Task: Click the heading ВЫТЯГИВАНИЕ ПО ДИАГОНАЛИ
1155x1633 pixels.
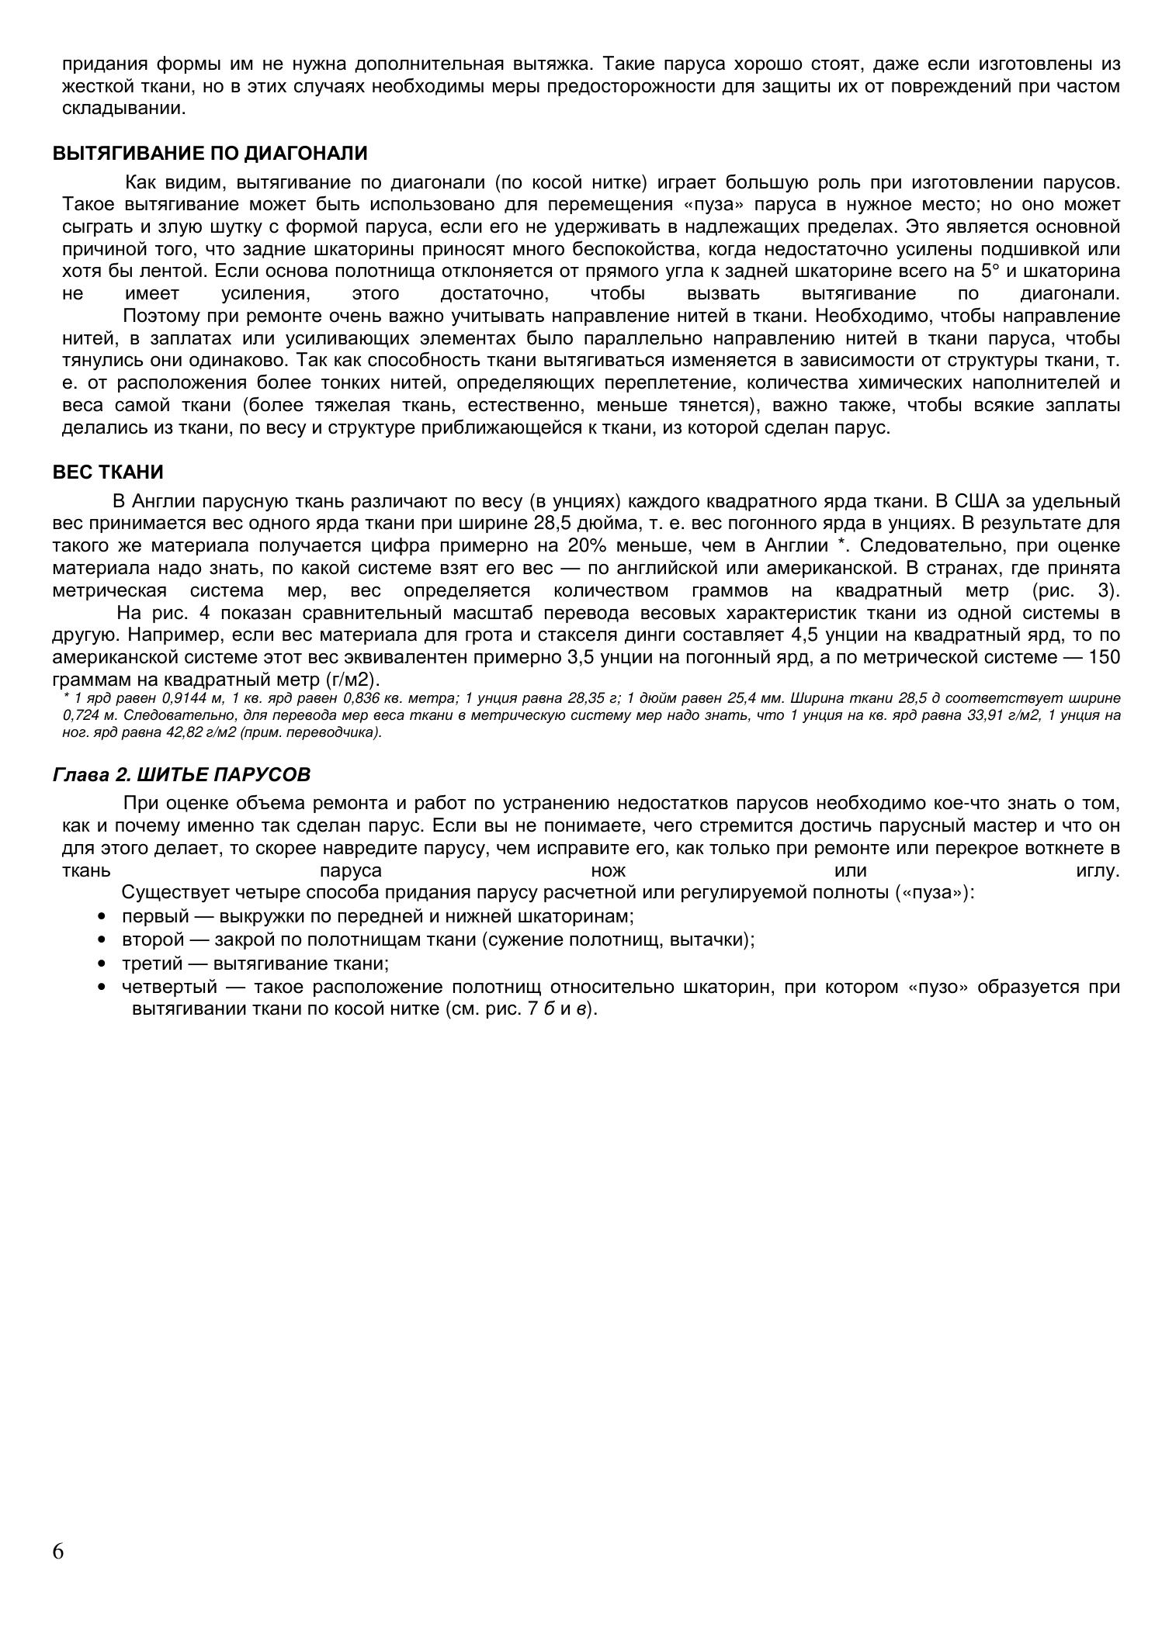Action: pos(210,154)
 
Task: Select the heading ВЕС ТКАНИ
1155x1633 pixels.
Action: pos(108,472)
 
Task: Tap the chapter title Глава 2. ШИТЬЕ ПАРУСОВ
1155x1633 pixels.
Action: pos(181,774)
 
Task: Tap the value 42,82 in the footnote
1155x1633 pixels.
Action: pos(202,732)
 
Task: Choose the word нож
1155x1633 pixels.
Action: pos(608,870)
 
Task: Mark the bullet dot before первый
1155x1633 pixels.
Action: pos(102,916)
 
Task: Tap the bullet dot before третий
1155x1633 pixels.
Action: pos(102,964)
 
